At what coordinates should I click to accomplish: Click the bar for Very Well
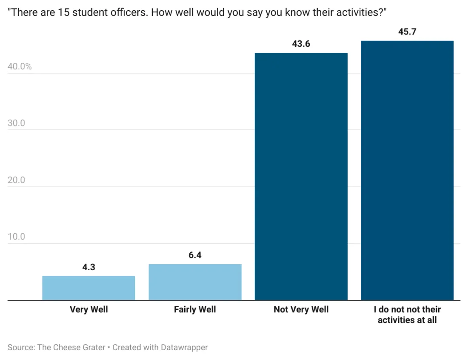(88, 288)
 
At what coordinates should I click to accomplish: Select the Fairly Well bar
(195, 282)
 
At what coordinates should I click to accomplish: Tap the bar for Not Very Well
(301, 177)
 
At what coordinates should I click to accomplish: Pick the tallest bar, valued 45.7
(407, 170)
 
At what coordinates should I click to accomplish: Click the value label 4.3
(88, 267)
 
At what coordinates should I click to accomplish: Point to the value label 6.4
(195, 255)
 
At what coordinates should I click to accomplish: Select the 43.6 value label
(301, 44)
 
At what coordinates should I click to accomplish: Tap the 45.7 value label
(407, 32)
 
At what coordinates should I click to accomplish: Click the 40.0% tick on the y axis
(20, 67)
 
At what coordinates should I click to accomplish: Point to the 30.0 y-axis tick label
(16, 123)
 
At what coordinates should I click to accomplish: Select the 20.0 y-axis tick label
(16, 180)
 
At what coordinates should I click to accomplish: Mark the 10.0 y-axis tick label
(16, 237)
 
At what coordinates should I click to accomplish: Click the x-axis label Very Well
(88, 309)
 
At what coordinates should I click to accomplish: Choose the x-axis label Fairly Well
(195, 309)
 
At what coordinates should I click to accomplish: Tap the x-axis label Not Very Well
(301, 309)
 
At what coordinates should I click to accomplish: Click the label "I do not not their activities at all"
(407, 314)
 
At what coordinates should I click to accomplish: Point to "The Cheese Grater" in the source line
(71, 347)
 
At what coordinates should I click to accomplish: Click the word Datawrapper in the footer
(184, 347)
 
